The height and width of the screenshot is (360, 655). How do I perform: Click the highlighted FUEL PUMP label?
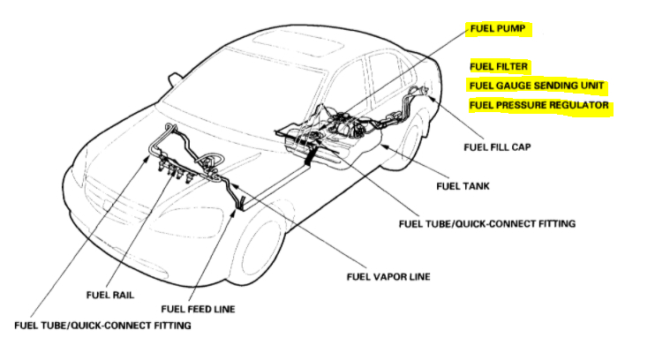(500, 29)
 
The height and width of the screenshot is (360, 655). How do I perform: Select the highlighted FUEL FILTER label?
(500, 66)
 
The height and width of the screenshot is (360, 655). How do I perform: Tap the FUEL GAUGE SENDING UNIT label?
(537, 86)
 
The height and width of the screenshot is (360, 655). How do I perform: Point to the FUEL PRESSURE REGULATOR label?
(539, 106)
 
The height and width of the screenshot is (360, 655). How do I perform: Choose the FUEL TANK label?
(463, 186)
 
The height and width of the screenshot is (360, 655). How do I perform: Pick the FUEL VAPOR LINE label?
(388, 276)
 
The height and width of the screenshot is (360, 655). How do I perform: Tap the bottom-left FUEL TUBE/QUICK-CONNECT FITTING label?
(102, 326)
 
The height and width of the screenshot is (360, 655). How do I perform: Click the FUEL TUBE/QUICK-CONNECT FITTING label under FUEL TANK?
(487, 224)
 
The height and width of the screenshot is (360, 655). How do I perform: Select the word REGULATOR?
(578, 106)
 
